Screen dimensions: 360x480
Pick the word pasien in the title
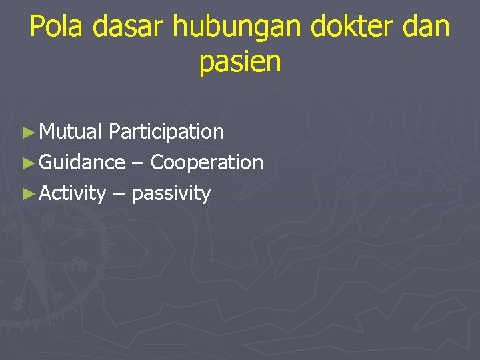tap(240, 63)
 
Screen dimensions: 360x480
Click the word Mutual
tap(71, 132)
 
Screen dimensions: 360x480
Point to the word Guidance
tap(82, 163)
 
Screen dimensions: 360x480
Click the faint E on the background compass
tap(78, 265)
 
